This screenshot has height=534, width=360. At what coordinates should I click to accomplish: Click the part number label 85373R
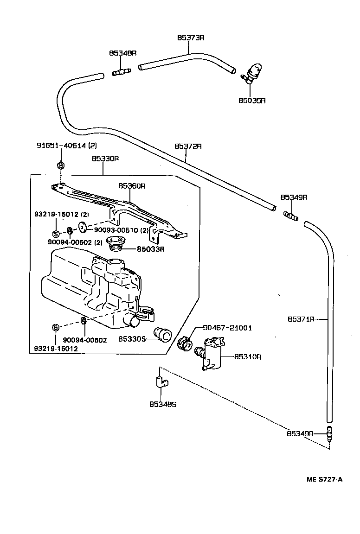pyautogui.click(x=190, y=37)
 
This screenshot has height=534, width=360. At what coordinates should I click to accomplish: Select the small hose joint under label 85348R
pyautogui.click(x=122, y=71)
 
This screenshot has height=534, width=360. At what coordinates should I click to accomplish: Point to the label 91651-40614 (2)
pyautogui.click(x=67, y=145)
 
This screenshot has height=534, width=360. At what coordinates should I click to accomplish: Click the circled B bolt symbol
pyautogui.click(x=61, y=165)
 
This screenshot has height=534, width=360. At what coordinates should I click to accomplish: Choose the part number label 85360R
pyautogui.click(x=132, y=185)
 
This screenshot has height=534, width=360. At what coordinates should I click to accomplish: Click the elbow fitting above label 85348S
pyautogui.click(x=160, y=382)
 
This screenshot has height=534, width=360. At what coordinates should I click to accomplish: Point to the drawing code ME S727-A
pyautogui.click(x=324, y=479)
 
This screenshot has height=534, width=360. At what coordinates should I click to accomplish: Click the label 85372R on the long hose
pyautogui.click(x=188, y=146)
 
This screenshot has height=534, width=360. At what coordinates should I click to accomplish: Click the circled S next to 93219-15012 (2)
pyautogui.click(x=55, y=233)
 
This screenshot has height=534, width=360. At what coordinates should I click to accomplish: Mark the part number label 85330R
pyautogui.click(x=105, y=158)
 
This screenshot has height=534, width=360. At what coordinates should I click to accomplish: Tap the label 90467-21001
pyautogui.click(x=227, y=328)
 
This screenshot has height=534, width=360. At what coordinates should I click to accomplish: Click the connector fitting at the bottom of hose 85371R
pyautogui.click(x=330, y=433)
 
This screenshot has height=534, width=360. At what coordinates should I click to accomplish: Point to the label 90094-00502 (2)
pyautogui.click(x=75, y=242)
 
